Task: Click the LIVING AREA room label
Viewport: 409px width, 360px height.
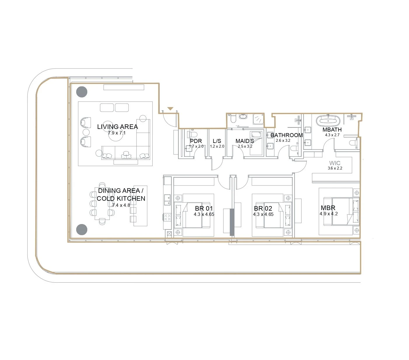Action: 117,127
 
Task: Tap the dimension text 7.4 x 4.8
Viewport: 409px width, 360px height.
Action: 121,205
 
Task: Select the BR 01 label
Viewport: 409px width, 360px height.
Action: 204,208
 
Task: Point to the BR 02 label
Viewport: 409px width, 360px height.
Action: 263,208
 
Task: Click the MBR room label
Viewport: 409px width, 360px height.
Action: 328,208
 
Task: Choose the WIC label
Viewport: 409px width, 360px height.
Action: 335,163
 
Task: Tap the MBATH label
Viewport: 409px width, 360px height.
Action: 332,130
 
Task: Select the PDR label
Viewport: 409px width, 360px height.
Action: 196,141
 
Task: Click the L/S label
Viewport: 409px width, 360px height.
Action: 217,141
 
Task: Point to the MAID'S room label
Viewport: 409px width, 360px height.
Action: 245,141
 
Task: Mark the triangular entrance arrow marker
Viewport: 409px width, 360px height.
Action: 170,109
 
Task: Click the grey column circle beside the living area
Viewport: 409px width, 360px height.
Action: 82,92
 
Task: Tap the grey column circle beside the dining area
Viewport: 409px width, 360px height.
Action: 82,229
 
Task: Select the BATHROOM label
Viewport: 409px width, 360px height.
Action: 287,135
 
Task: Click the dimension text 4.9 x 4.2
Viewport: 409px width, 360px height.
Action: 329,214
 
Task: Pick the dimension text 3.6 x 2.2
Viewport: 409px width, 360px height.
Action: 335,168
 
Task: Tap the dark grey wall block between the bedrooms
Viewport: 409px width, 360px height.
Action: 232,222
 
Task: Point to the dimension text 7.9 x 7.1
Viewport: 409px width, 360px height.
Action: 117,133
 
